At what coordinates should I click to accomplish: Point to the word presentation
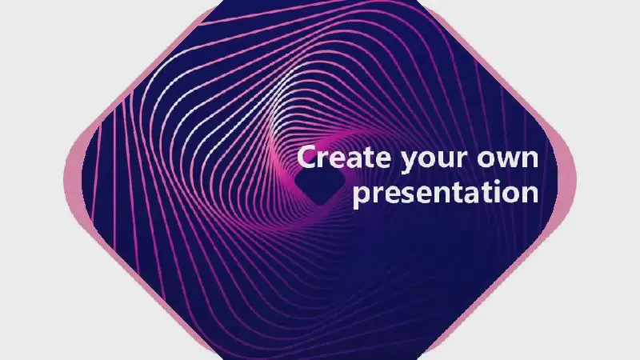click(446, 193)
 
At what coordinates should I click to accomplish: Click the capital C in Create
click(306, 157)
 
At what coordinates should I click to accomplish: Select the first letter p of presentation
click(362, 195)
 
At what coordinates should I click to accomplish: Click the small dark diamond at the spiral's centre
click(319, 186)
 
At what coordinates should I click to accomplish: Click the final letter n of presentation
click(530, 194)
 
